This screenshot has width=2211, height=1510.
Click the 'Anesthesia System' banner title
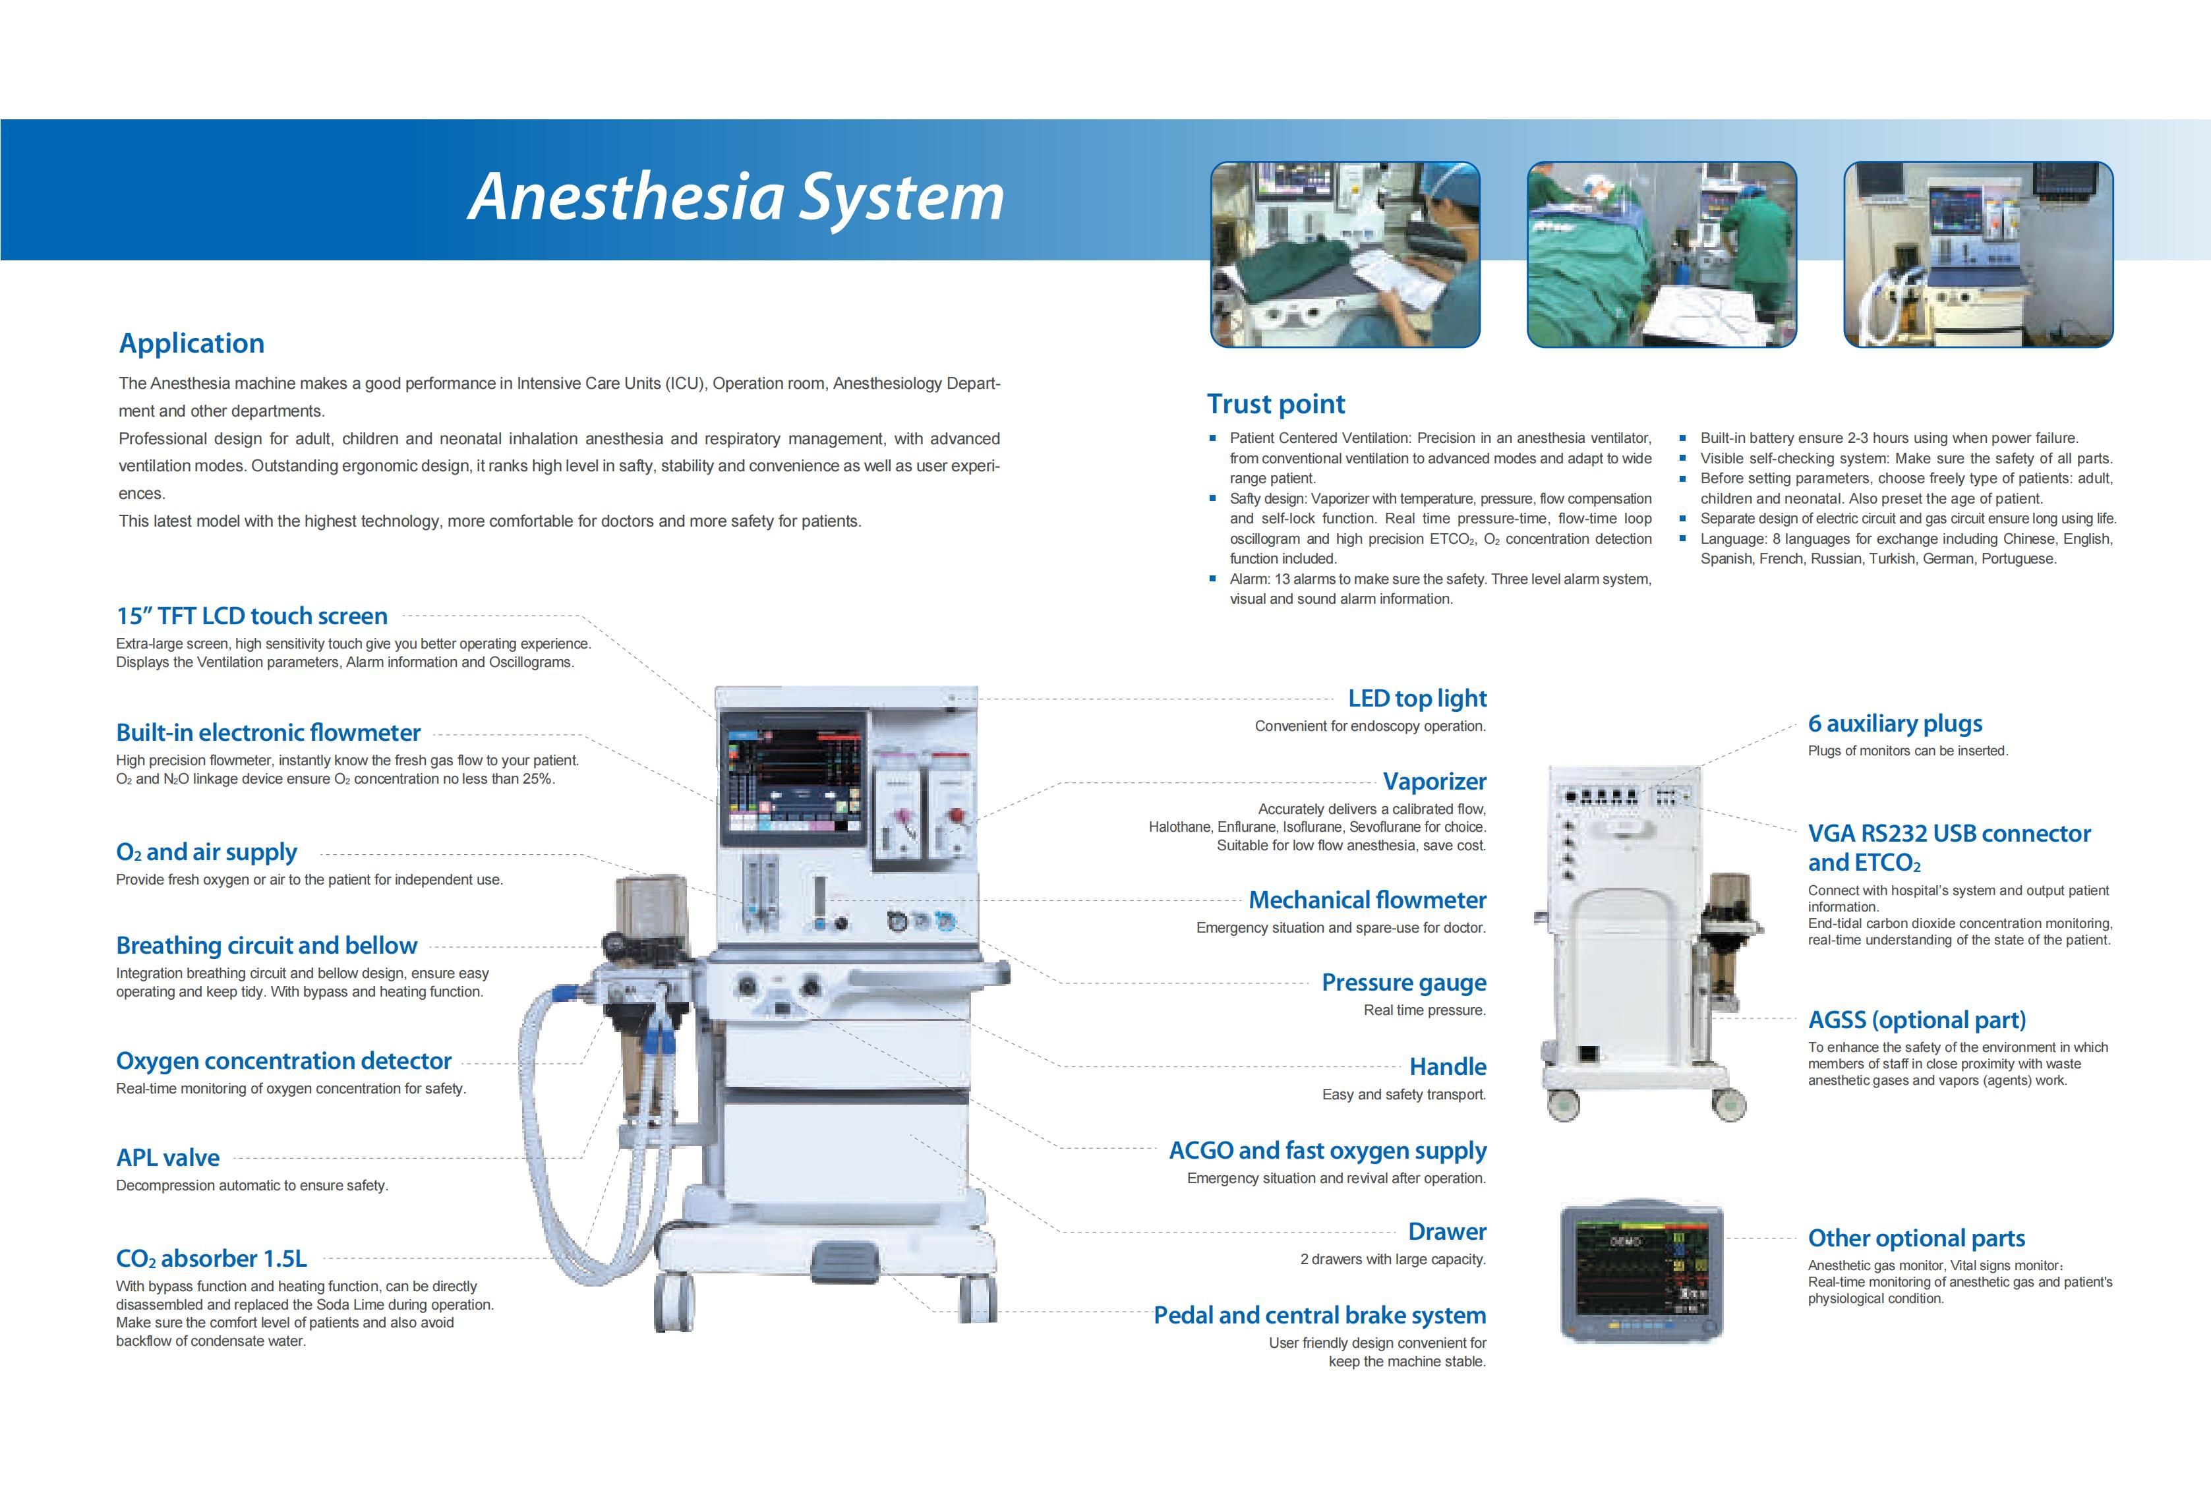point(736,197)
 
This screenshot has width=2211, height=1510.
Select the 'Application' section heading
point(191,343)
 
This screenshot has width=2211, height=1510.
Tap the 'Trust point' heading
point(1276,405)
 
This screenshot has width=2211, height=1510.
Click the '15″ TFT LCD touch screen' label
point(252,616)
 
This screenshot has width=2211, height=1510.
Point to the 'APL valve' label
point(167,1158)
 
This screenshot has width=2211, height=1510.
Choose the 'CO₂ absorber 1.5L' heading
point(211,1259)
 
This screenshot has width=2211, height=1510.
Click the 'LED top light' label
point(1417,699)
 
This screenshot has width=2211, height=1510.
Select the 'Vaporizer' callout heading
point(1434,781)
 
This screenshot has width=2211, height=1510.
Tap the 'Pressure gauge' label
point(1403,983)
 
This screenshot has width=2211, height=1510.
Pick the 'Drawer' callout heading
point(1447,1231)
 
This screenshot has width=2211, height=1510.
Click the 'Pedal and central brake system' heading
point(1320,1315)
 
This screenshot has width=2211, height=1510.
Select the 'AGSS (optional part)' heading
point(1917,1020)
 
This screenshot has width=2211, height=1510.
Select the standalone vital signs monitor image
point(1641,1271)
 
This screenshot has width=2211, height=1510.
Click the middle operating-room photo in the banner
point(1661,254)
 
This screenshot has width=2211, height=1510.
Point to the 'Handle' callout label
point(1447,1066)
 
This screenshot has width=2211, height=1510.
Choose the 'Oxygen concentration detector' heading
point(283,1061)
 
